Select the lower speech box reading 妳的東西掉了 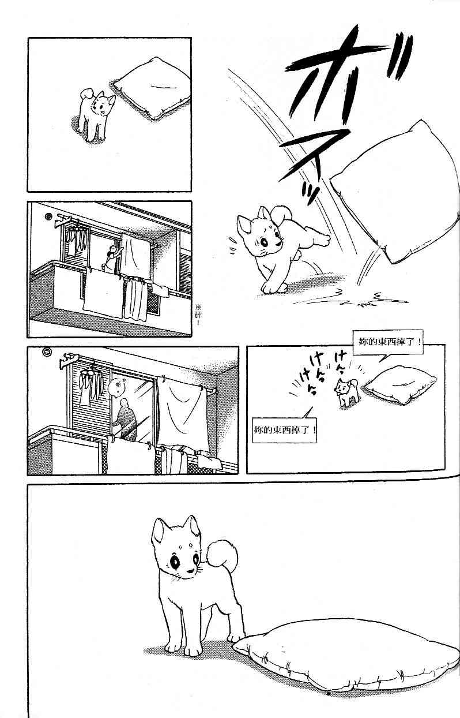284,431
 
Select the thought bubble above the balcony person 117,386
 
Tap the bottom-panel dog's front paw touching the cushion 236,639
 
